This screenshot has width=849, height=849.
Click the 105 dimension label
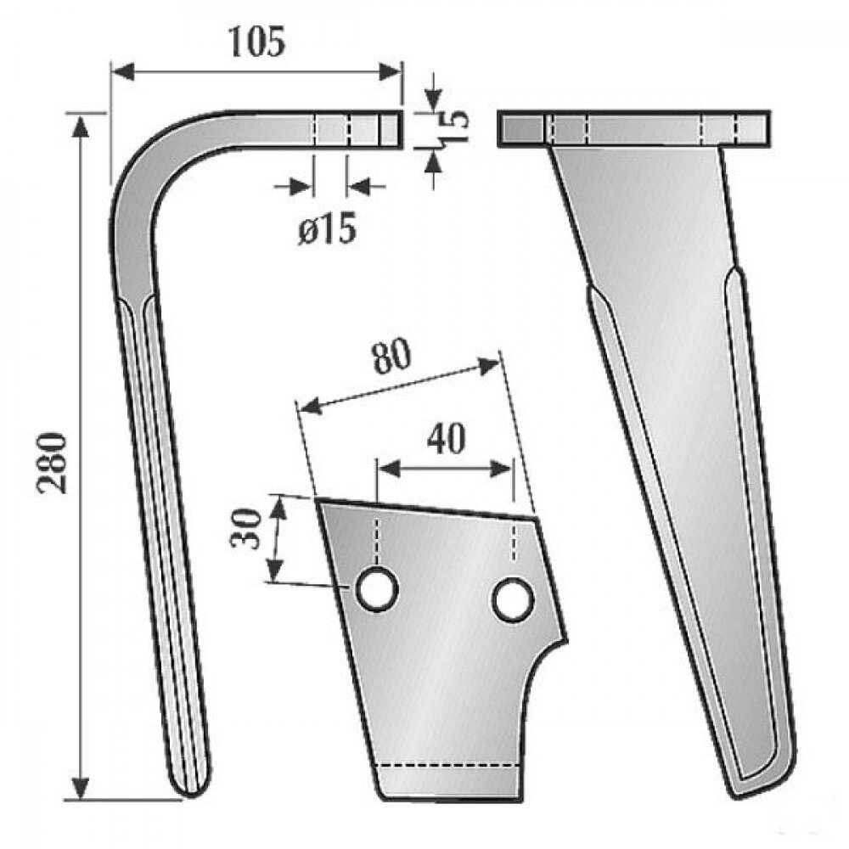tap(256, 42)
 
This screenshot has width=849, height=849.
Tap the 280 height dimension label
tap(53, 463)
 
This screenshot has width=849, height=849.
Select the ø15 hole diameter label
tap(327, 228)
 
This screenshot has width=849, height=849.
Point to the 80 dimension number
tap(391, 357)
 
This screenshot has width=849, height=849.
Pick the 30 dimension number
tap(246, 528)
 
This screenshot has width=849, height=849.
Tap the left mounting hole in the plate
tap(376, 589)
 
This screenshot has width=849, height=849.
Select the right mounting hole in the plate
tap(513, 599)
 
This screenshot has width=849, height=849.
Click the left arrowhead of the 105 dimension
tap(122, 71)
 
